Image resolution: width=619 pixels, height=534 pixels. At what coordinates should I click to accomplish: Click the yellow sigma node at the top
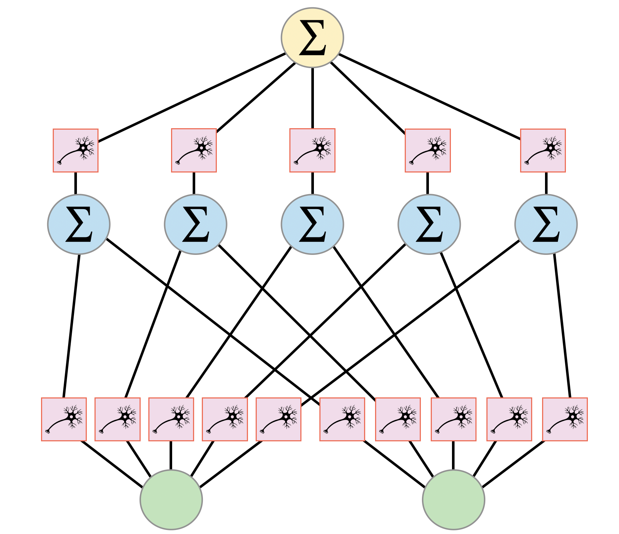coord(312,37)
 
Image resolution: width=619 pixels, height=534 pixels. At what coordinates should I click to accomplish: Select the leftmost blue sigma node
coord(79,224)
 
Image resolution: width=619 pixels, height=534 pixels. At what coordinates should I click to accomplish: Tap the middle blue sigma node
coord(312,224)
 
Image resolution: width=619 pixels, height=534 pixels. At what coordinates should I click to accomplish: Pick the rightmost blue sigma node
coord(546,224)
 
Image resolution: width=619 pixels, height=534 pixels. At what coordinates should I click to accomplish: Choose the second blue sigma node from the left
coord(196,224)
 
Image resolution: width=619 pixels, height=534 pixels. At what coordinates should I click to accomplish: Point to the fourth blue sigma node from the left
coord(429,224)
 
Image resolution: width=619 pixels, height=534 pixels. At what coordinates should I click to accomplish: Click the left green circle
coord(171,500)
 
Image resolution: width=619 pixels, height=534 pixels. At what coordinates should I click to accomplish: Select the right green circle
coord(453,500)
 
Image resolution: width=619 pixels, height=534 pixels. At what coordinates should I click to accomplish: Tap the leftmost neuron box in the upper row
coord(75,150)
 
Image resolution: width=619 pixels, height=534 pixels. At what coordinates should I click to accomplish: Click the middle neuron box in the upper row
coord(312,150)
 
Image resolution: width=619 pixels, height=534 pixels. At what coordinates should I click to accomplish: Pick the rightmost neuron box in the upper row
coord(543,150)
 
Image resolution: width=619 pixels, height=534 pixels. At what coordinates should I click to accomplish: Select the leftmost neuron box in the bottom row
coord(64,419)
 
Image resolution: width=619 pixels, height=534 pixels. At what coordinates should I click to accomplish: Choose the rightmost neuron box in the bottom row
coord(565,419)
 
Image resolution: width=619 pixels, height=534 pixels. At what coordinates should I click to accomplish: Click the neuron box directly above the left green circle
coord(171,419)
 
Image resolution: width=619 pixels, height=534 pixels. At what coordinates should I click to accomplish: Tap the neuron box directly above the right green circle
coord(453,419)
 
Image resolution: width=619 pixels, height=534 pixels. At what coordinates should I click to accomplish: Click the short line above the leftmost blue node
coord(76,183)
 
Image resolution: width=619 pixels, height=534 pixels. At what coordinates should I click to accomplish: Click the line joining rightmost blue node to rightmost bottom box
coord(562,326)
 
